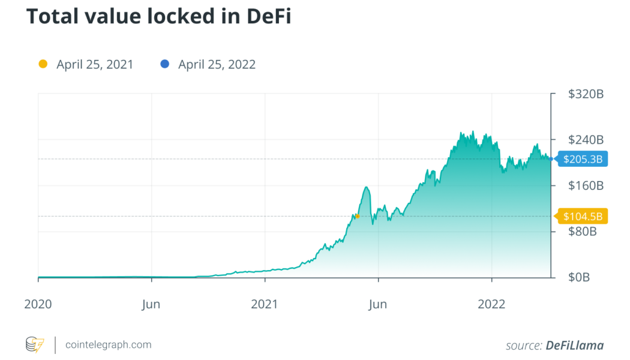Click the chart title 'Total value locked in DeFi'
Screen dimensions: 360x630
click(x=158, y=17)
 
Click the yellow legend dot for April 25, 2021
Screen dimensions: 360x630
click(x=42, y=64)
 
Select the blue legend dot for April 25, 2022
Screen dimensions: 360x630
click(x=165, y=64)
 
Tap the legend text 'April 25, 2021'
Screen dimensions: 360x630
click(x=95, y=65)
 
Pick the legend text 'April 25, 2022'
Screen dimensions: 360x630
click(x=217, y=65)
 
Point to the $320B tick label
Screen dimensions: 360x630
click(x=585, y=94)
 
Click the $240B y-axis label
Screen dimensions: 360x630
click(x=585, y=140)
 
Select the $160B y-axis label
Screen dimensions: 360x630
click(x=585, y=185)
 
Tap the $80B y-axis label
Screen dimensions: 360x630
click(x=582, y=232)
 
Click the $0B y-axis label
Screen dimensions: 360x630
click(x=580, y=278)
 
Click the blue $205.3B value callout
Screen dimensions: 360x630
click(x=583, y=159)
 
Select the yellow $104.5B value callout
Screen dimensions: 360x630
click(x=583, y=217)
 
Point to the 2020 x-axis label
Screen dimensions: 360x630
click(x=38, y=304)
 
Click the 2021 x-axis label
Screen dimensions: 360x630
click(x=264, y=304)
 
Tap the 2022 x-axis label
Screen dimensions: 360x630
click(x=491, y=304)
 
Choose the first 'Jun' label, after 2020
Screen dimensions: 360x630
click(x=151, y=304)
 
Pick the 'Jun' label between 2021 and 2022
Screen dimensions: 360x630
click(x=377, y=304)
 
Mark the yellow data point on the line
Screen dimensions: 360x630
click(x=357, y=216)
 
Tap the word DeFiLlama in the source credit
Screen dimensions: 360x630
click(x=574, y=345)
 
